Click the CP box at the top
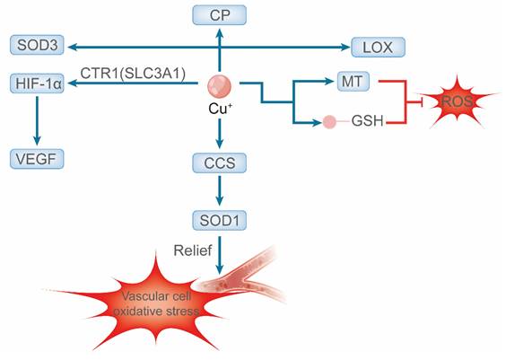coord(220,14)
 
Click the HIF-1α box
coord(37,83)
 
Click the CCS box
coord(220,163)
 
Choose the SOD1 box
coord(220,221)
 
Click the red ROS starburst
coord(456,101)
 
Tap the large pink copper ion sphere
coord(220,87)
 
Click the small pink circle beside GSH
coord(330,120)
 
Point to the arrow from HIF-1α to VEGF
coord(37,121)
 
